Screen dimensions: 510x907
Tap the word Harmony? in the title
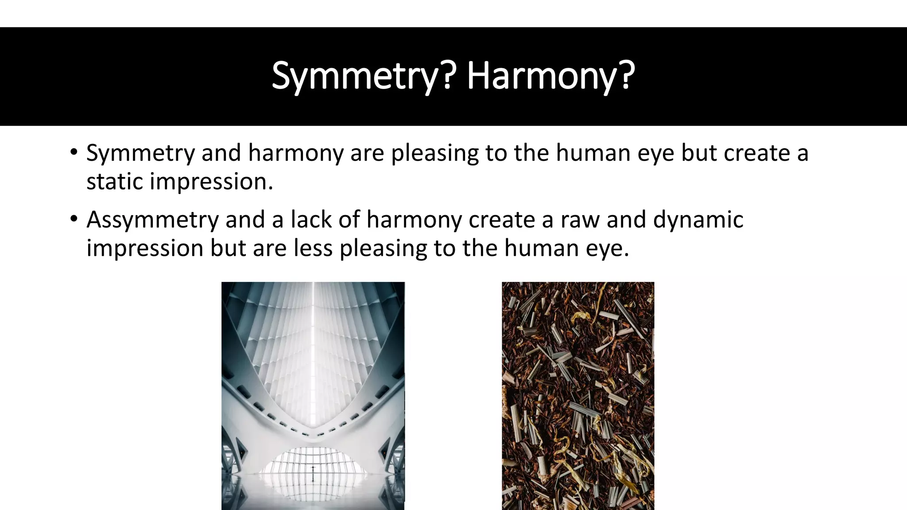coord(550,76)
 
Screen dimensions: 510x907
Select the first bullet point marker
coord(74,152)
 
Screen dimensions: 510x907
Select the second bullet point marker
coord(74,219)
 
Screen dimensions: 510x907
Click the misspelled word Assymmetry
coord(152,220)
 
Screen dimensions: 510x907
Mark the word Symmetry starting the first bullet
coord(140,153)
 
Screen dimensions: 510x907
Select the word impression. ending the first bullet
coord(211,182)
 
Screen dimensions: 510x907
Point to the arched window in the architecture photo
coord(313,463)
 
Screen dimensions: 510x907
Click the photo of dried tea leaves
coord(578,396)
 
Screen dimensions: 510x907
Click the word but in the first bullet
coord(699,153)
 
